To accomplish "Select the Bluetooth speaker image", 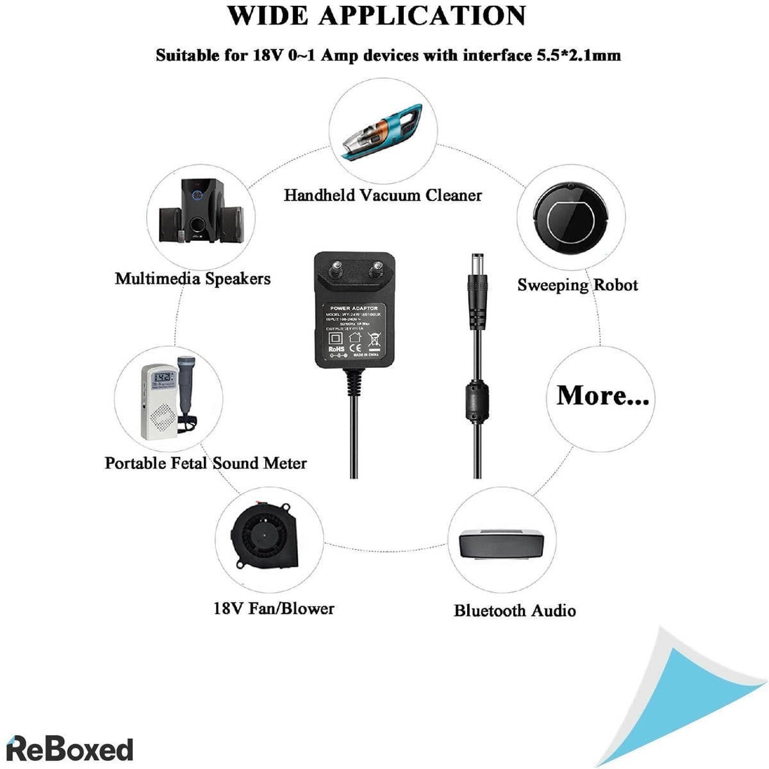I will (x=502, y=545).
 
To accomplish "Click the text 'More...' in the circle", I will (x=602, y=395).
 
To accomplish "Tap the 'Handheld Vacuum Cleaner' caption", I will (x=383, y=195).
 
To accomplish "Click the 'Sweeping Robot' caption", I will (x=577, y=285).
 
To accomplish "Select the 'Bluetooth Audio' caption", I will (x=515, y=611).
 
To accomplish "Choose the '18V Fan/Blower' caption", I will (x=274, y=608).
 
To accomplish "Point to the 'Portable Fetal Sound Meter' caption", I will (x=206, y=463).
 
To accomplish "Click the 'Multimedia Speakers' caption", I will (x=192, y=279).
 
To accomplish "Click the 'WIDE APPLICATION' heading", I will (x=377, y=16).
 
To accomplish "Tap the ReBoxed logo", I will (x=69, y=749).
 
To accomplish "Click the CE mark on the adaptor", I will (x=354, y=339).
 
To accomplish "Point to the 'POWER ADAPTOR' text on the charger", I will (x=353, y=308).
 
